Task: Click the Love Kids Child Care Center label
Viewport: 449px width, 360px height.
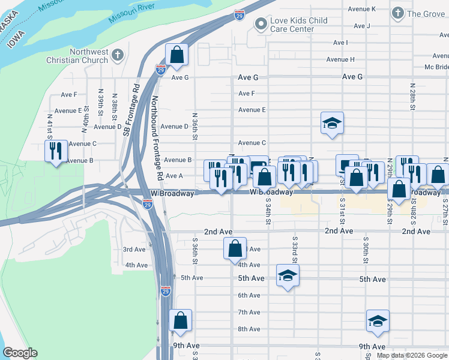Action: (x=298, y=25)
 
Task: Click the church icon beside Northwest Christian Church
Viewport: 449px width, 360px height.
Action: (x=118, y=56)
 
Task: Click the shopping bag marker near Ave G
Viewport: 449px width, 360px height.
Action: (x=177, y=55)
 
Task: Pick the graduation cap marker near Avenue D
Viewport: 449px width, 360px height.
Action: (x=332, y=124)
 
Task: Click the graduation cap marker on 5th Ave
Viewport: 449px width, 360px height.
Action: (x=288, y=276)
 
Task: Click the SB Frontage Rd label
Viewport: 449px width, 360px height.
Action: (x=127, y=110)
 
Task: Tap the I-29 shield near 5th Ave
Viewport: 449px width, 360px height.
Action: (x=166, y=291)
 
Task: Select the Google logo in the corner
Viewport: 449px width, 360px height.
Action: (x=20, y=353)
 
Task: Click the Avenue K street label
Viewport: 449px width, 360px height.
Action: (x=364, y=9)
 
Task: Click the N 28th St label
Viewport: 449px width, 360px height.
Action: (x=413, y=96)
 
